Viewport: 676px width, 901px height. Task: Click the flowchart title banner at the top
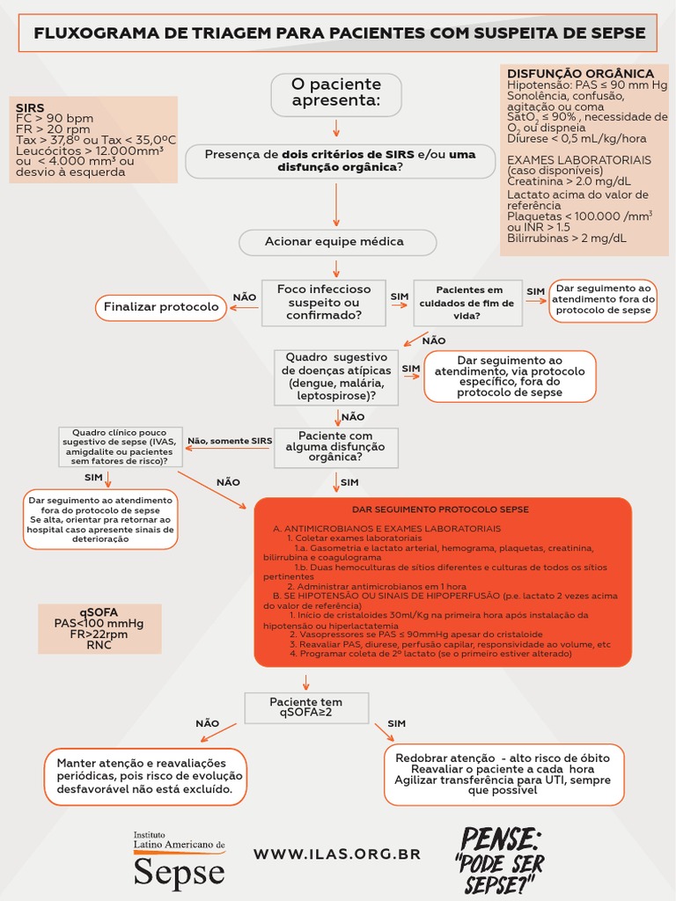point(338,33)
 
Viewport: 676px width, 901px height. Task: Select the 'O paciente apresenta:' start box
point(336,93)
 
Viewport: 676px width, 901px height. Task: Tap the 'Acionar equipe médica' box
point(336,242)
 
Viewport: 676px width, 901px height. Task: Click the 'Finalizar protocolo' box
point(161,307)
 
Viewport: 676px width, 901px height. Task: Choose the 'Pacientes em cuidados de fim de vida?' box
point(469,302)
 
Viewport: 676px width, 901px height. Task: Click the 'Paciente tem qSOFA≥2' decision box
point(305,707)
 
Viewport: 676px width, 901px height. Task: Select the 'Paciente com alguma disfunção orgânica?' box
point(335,447)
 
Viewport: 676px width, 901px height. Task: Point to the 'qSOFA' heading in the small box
point(99,612)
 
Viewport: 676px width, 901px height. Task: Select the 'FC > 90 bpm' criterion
point(55,119)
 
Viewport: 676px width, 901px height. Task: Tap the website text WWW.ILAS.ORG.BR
point(337,853)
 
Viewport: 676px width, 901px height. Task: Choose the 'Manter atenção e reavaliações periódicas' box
point(145,776)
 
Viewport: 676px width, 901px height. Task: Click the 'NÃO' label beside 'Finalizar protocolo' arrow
point(244,297)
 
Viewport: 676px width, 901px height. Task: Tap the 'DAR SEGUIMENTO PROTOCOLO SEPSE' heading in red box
point(441,509)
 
